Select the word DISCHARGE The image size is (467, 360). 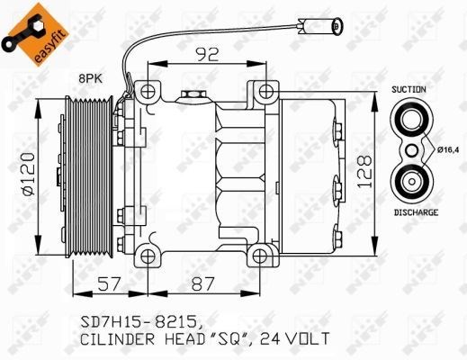416,212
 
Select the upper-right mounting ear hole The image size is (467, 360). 266,91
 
